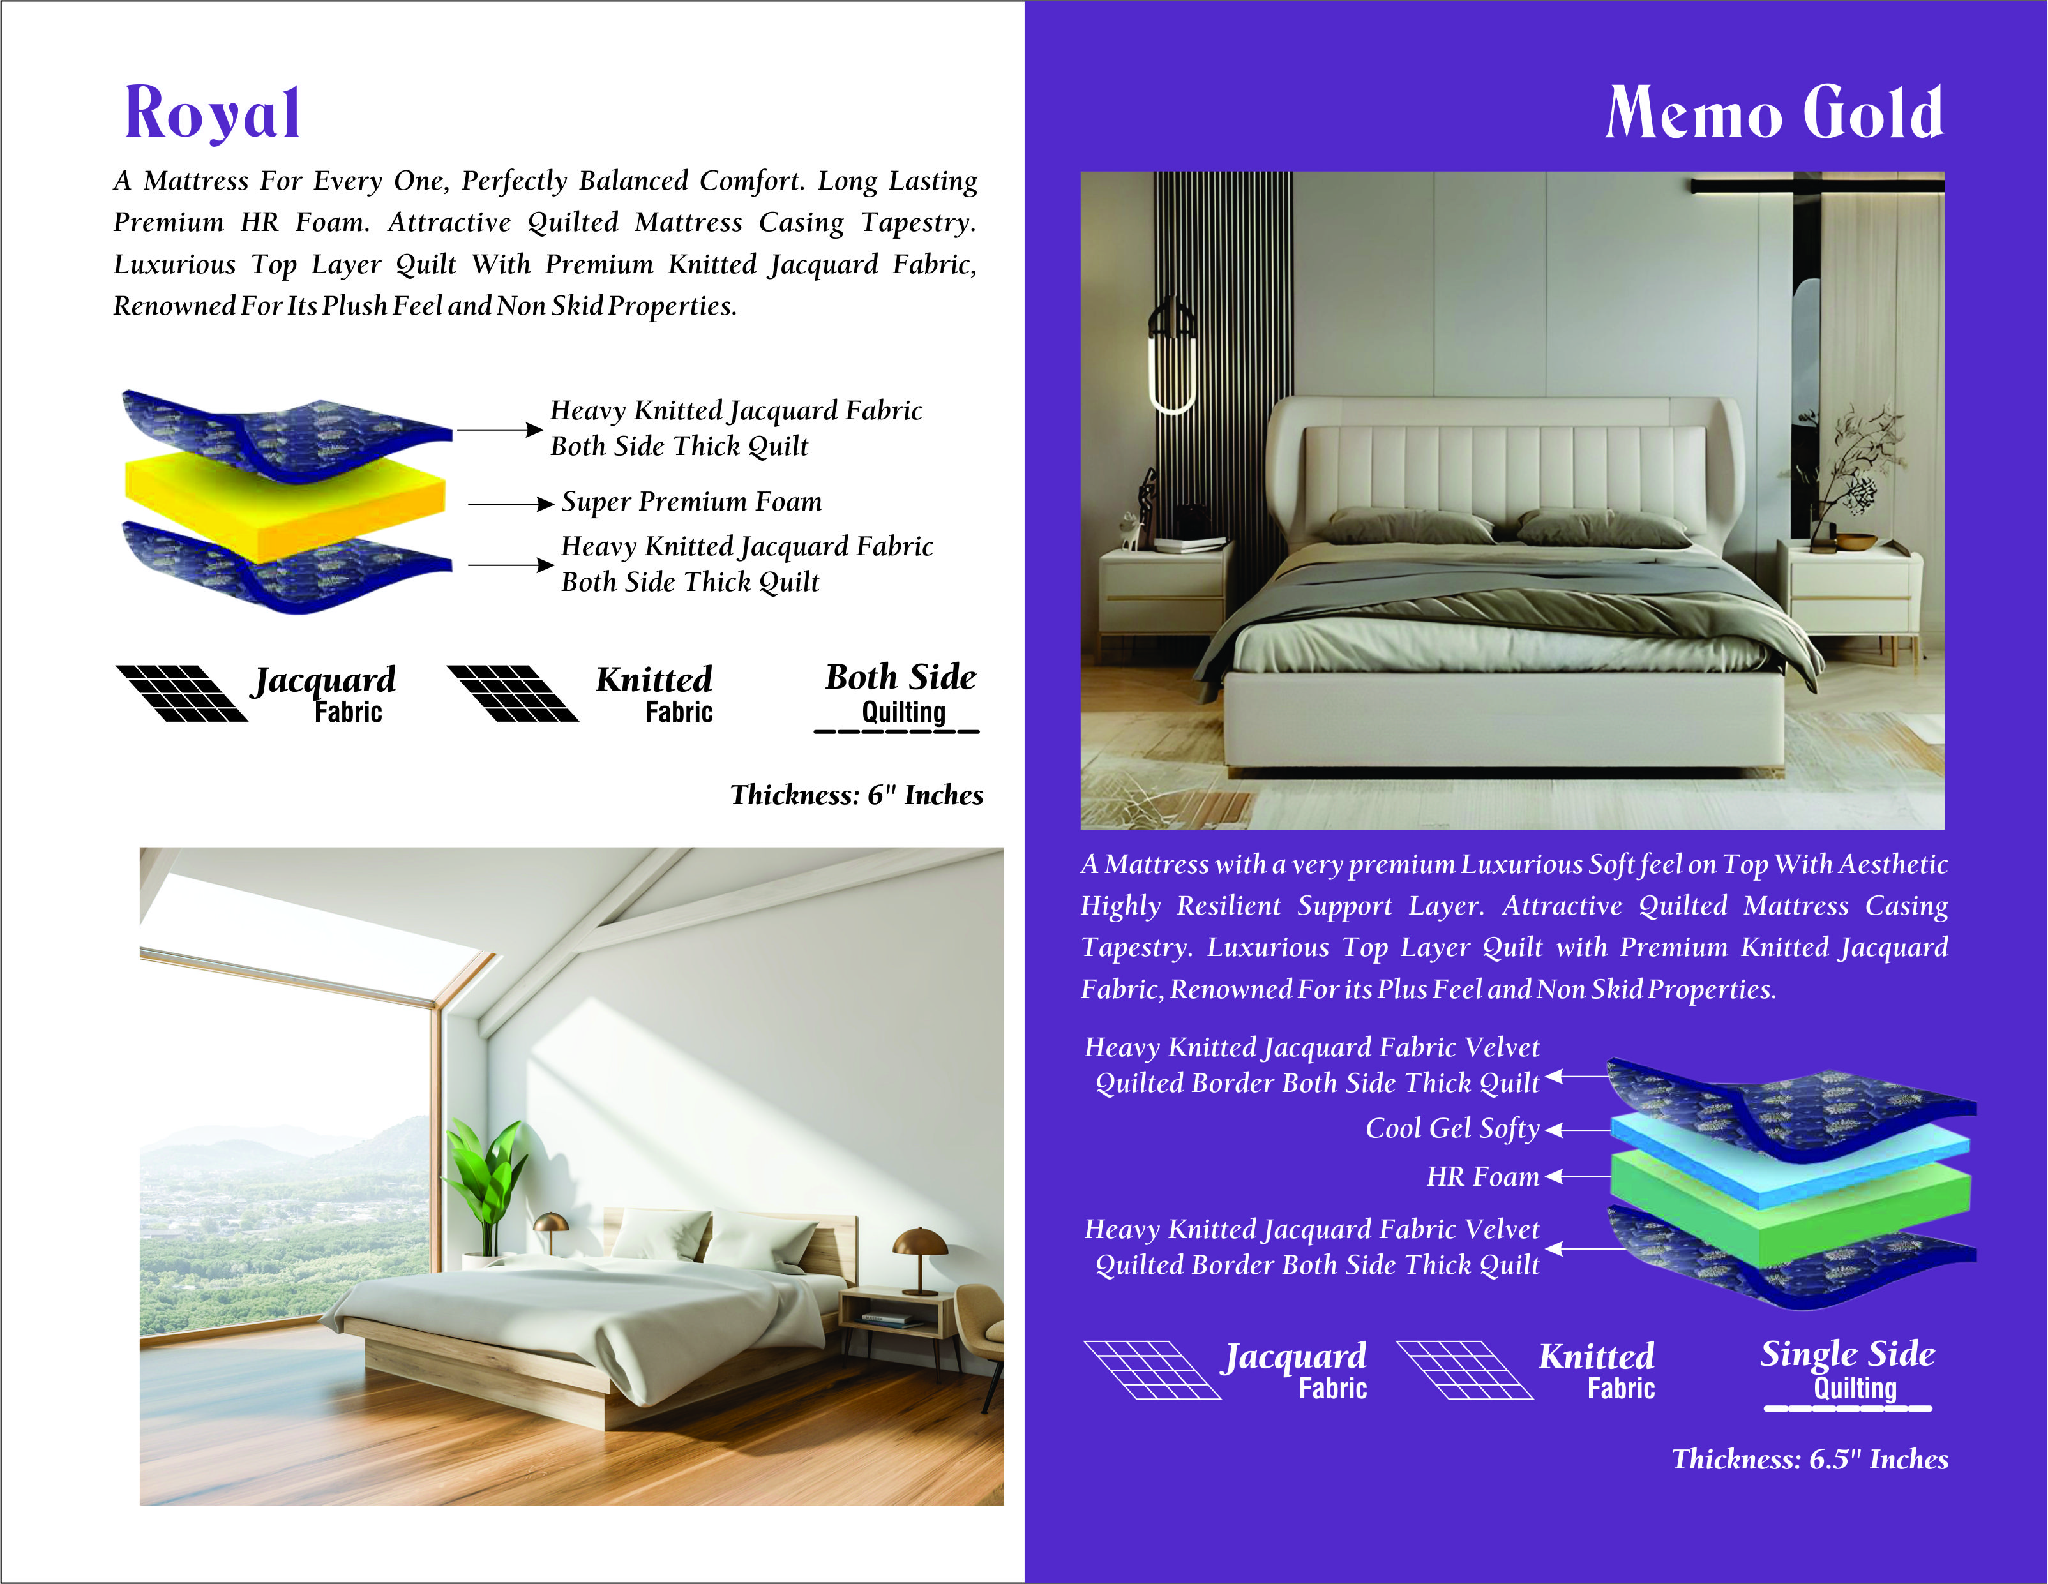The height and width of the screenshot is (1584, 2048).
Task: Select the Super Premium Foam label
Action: tap(691, 502)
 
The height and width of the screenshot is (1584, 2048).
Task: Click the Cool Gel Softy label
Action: tap(1452, 1128)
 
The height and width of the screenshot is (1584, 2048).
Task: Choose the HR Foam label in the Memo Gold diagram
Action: tap(1482, 1177)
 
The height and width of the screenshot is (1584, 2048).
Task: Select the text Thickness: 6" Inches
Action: tap(856, 796)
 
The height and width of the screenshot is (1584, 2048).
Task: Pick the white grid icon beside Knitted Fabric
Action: tap(1464, 1370)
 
